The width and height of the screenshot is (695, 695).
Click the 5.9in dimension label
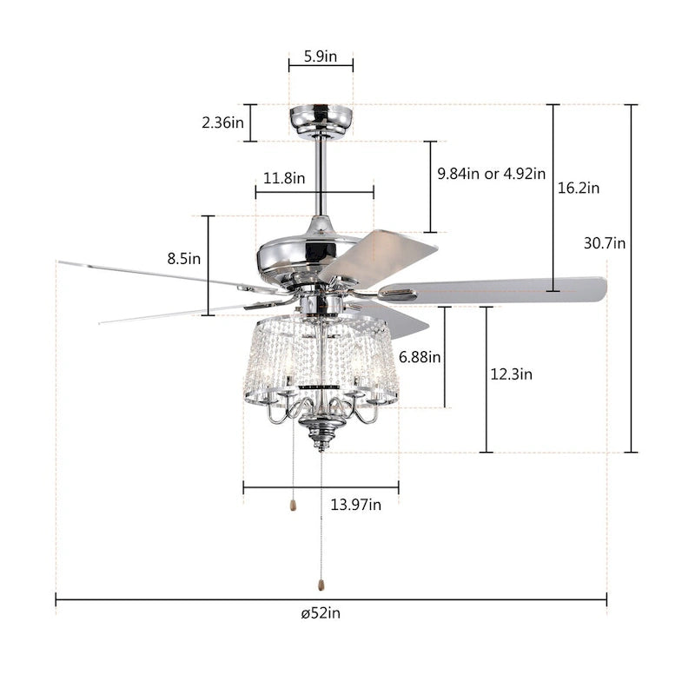(x=321, y=56)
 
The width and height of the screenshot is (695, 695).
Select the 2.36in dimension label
(x=222, y=122)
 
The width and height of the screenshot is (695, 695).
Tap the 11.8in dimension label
(x=283, y=178)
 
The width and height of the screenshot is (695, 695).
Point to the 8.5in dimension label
(x=183, y=258)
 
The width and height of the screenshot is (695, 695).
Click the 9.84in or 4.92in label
(x=491, y=173)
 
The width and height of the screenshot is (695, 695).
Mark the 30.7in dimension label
(x=604, y=243)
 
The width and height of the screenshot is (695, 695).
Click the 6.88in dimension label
(x=420, y=356)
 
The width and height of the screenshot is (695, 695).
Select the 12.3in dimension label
(x=511, y=374)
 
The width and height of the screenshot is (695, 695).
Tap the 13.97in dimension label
(x=356, y=506)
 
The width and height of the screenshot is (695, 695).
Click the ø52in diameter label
(x=321, y=613)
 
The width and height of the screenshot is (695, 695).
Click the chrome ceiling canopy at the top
(x=321, y=119)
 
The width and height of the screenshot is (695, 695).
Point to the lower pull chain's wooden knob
(x=321, y=577)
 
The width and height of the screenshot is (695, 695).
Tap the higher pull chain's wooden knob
(x=294, y=504)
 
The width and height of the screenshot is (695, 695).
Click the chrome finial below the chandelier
(x=321, y=434)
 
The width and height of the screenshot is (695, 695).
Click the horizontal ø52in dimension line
(x=174, y=599)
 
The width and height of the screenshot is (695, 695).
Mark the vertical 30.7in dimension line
(x=632, y=347)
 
